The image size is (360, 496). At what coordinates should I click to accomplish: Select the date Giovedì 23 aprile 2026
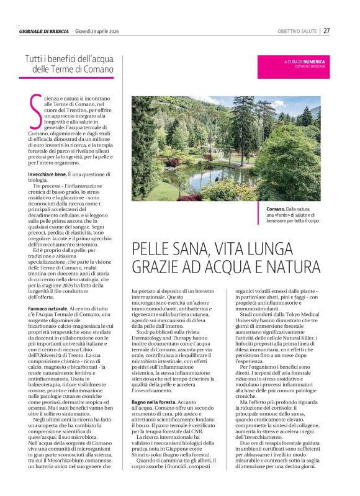(x=101, y=31)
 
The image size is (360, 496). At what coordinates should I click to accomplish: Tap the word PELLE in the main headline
(x=155, y=250)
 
